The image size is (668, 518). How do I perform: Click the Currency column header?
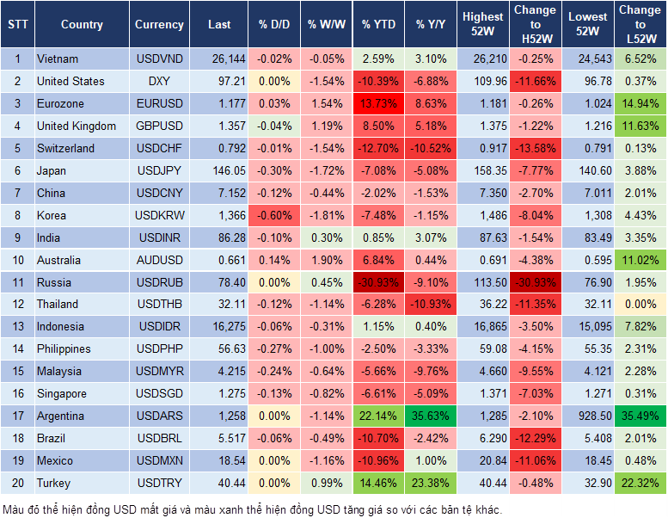point(159,25)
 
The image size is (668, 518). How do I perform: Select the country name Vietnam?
point(58,59)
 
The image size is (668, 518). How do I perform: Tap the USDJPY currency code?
point(159,170)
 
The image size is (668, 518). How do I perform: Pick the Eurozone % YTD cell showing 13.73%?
point(378,104)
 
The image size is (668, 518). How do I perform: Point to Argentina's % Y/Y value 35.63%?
point(432,416)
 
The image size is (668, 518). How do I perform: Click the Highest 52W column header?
point(482,25)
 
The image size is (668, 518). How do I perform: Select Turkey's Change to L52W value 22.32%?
point(639,483)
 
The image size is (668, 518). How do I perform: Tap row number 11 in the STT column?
point(17,282)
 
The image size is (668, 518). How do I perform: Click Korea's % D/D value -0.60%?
point(274,215)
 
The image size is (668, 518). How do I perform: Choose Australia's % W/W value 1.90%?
point(326,260)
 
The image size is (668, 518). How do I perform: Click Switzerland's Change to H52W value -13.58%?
point(535,148)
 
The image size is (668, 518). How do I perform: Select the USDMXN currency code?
point(159,460)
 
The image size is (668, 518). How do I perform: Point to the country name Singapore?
point(61,393)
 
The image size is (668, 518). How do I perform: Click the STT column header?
point(17,25)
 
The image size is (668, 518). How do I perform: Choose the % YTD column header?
point(378,25)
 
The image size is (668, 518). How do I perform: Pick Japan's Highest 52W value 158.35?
point(482,170)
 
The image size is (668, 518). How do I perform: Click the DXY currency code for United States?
point(159,82)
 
